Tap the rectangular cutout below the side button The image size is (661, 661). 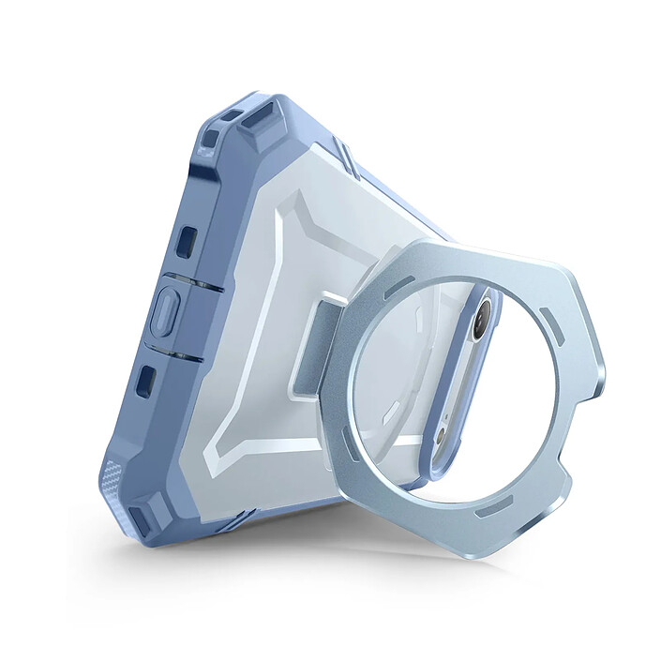tap(146, 380)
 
